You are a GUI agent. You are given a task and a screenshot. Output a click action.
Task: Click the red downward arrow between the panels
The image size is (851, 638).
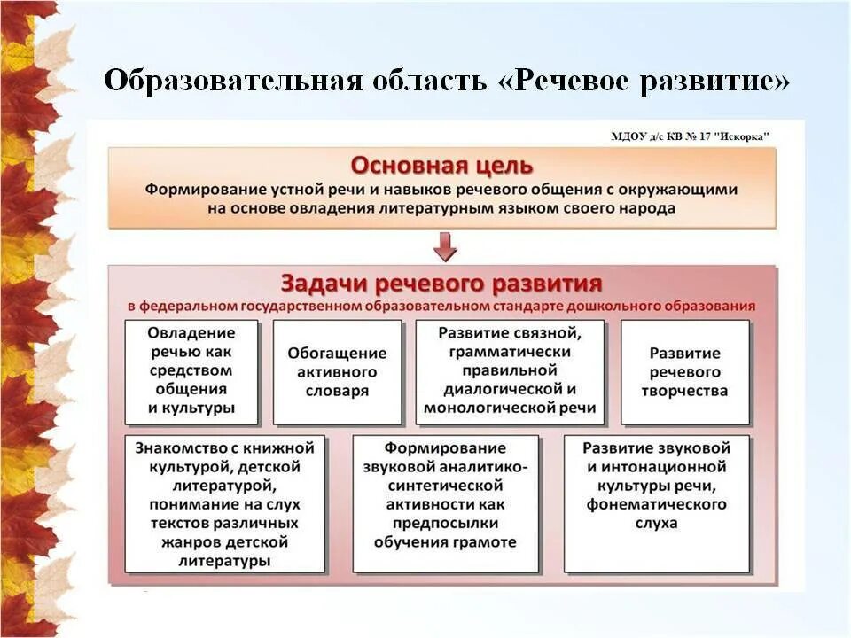pos(446,246)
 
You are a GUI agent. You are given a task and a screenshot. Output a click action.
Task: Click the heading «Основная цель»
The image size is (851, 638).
pos(441,166)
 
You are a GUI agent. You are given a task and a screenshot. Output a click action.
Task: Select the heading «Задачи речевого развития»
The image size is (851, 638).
pos(441,284)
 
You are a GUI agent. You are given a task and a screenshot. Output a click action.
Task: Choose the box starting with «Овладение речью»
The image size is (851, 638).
pos(191,371)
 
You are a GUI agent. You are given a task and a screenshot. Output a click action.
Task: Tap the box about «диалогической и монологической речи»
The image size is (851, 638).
pos(510,371)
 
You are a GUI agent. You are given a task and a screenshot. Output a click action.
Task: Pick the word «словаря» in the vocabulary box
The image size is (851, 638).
pos(337,392)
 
